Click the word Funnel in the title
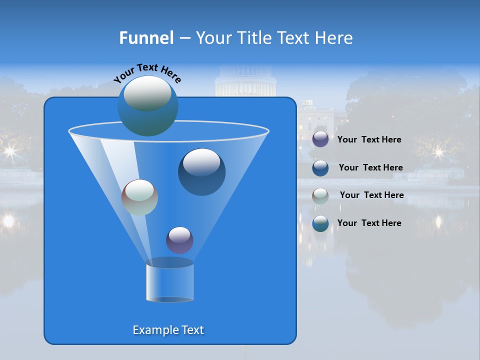pyautogui.click(x=146, y=38)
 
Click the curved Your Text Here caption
pyautogui.click(x=147, y=72)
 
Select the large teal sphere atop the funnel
pyautogui.click(x=147, y=105)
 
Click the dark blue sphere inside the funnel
pyautogui.click(x=201, y=171)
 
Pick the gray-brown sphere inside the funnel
pyautogui.click(x=139, y=197)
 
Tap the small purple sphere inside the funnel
pyautogui.click(x=179, y=240)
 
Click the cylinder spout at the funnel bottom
pyautogui.click(x=169, y=281)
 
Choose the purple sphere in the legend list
pyautogui.click(x=320, y=139)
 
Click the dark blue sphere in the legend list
pyautogui.click(x=320, y=167)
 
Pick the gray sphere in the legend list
pyautogui.click(x=320, y=195)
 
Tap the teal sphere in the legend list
pyautogui.click(x=320, y=223)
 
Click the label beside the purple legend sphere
pyautogui.click(x=369, y=139)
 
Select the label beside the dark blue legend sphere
pyautogui.click(x=370, y=167)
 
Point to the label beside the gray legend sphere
pyautogui.click(x=371, y=195)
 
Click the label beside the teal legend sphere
pyautogui.click(x=369, y=223)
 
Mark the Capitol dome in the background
pyautogui.click(x=245, y=80)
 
